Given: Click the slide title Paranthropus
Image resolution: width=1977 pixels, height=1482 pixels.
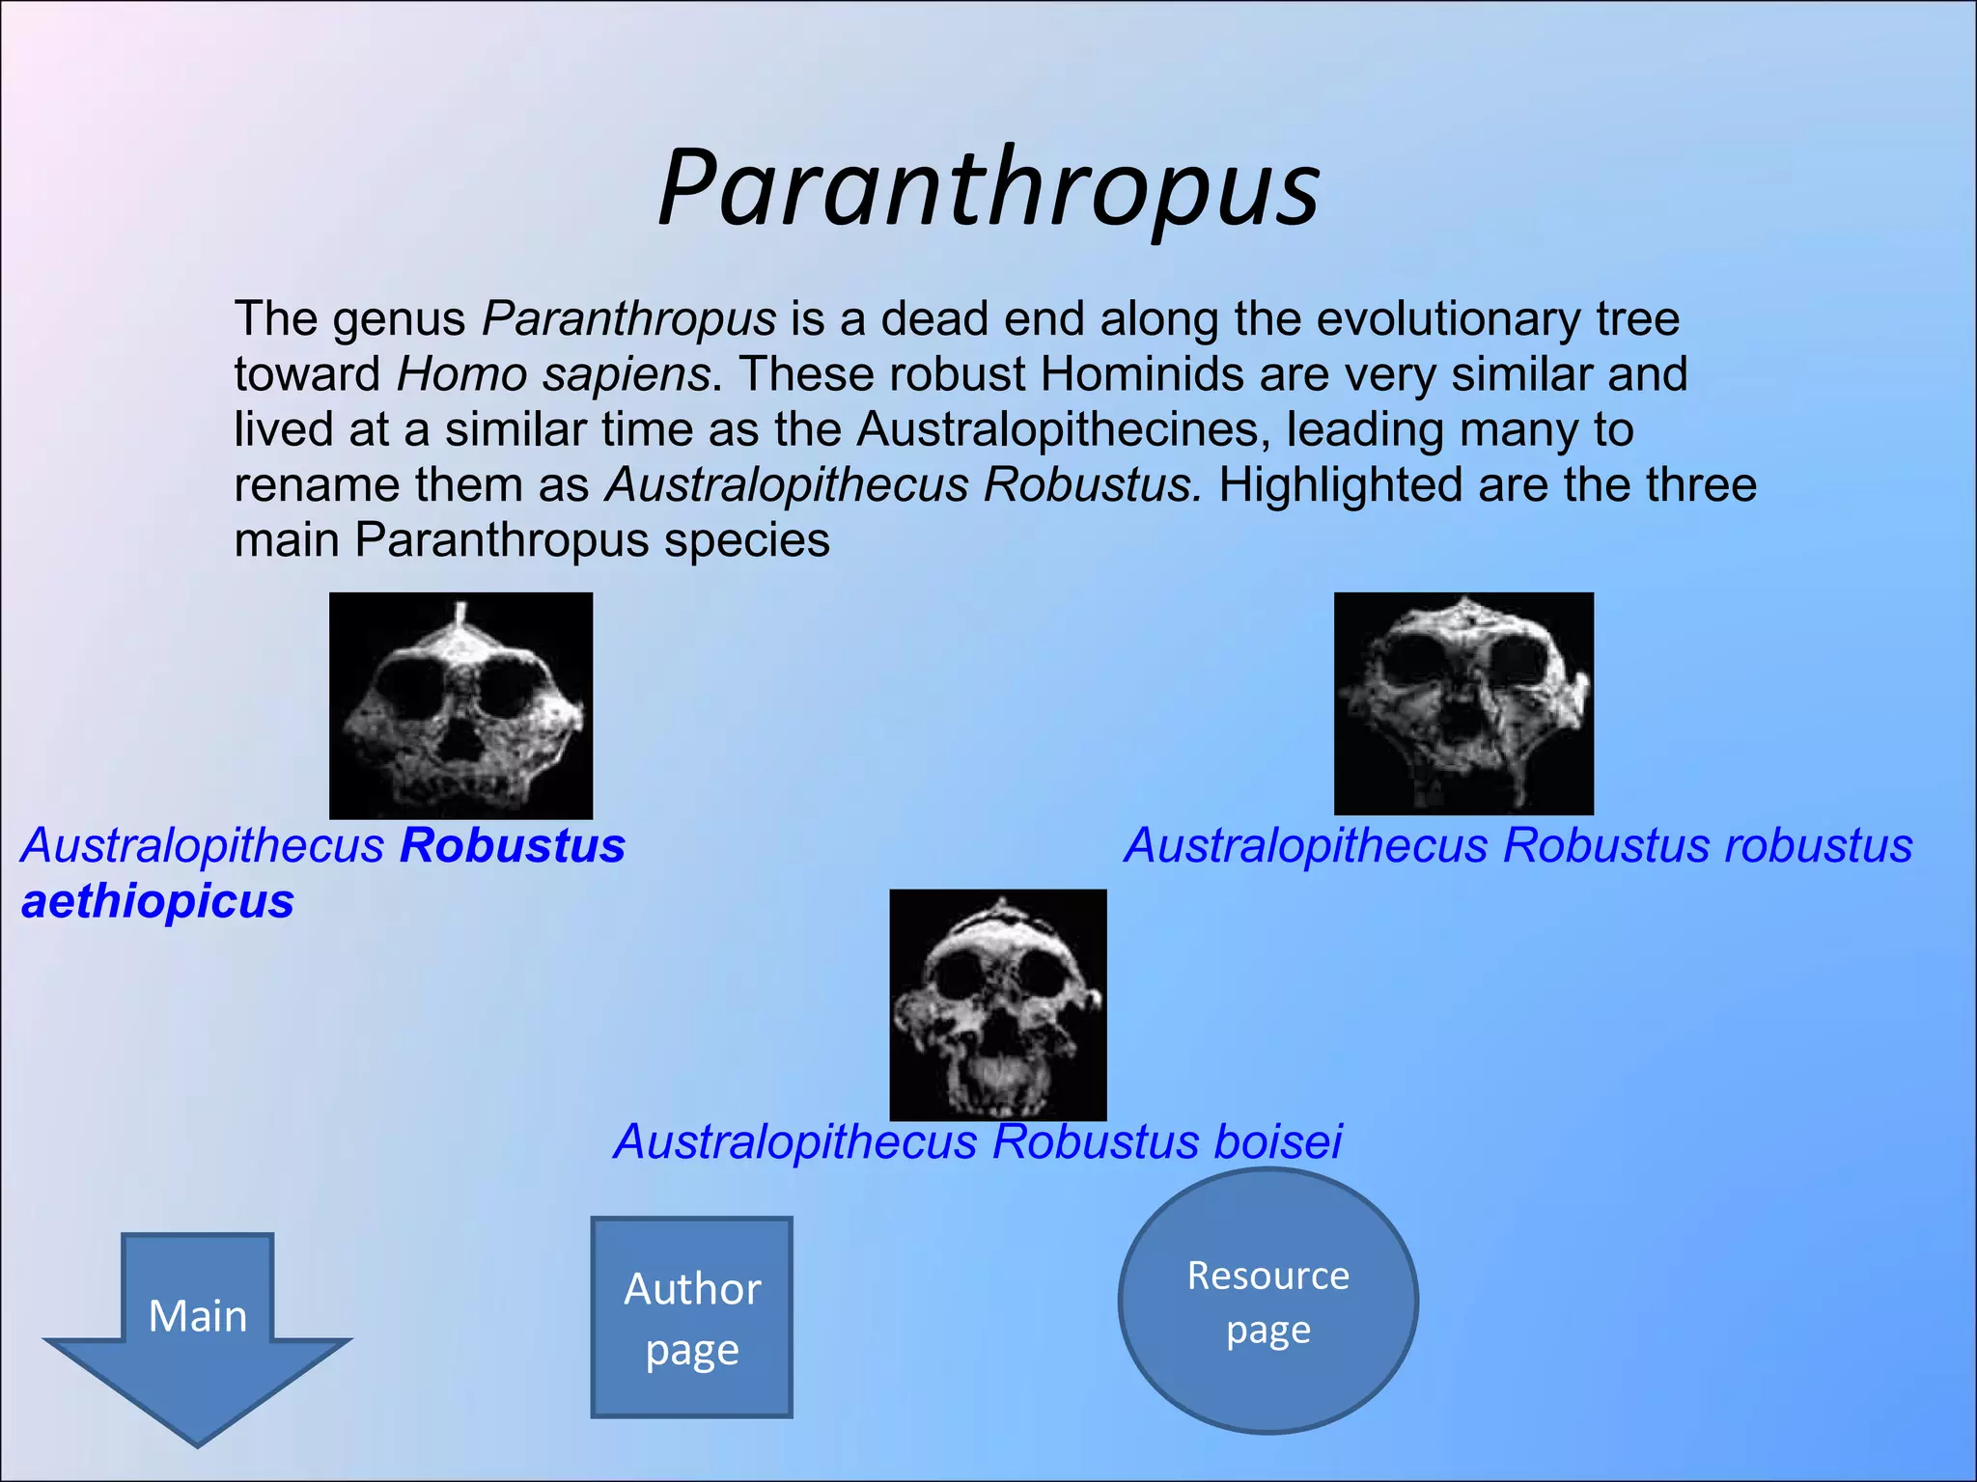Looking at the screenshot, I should (x=988, y=189).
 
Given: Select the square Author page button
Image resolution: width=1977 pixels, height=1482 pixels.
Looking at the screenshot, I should (x=692, y=1317).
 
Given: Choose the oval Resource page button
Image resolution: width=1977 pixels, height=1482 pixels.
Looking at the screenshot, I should (x=1267, y=1302).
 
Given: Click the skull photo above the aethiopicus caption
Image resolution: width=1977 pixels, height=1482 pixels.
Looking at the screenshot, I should (x=460, y=705).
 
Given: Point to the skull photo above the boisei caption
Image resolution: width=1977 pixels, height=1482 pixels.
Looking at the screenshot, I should (x=997, y=1004).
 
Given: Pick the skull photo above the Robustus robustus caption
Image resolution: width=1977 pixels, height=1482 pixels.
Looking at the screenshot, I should (x=1463, y=703).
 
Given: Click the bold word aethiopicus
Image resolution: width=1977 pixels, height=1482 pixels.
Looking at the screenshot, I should (x=157, y=902).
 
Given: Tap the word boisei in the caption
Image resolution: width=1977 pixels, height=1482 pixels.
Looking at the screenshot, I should (x=1277, y=1142).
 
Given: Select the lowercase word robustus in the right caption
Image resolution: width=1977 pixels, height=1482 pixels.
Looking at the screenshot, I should (x=1819, y=846).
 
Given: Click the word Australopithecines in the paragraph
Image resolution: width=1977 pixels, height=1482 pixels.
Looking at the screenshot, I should (x=1063, y=429).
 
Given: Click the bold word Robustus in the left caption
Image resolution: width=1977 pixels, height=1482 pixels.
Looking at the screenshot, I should (x=513, y=846).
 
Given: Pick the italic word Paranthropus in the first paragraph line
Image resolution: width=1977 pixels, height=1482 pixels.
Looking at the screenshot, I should (x=628, y=319).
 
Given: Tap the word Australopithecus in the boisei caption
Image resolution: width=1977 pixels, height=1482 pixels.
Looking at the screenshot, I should (x=796, y=1142).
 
